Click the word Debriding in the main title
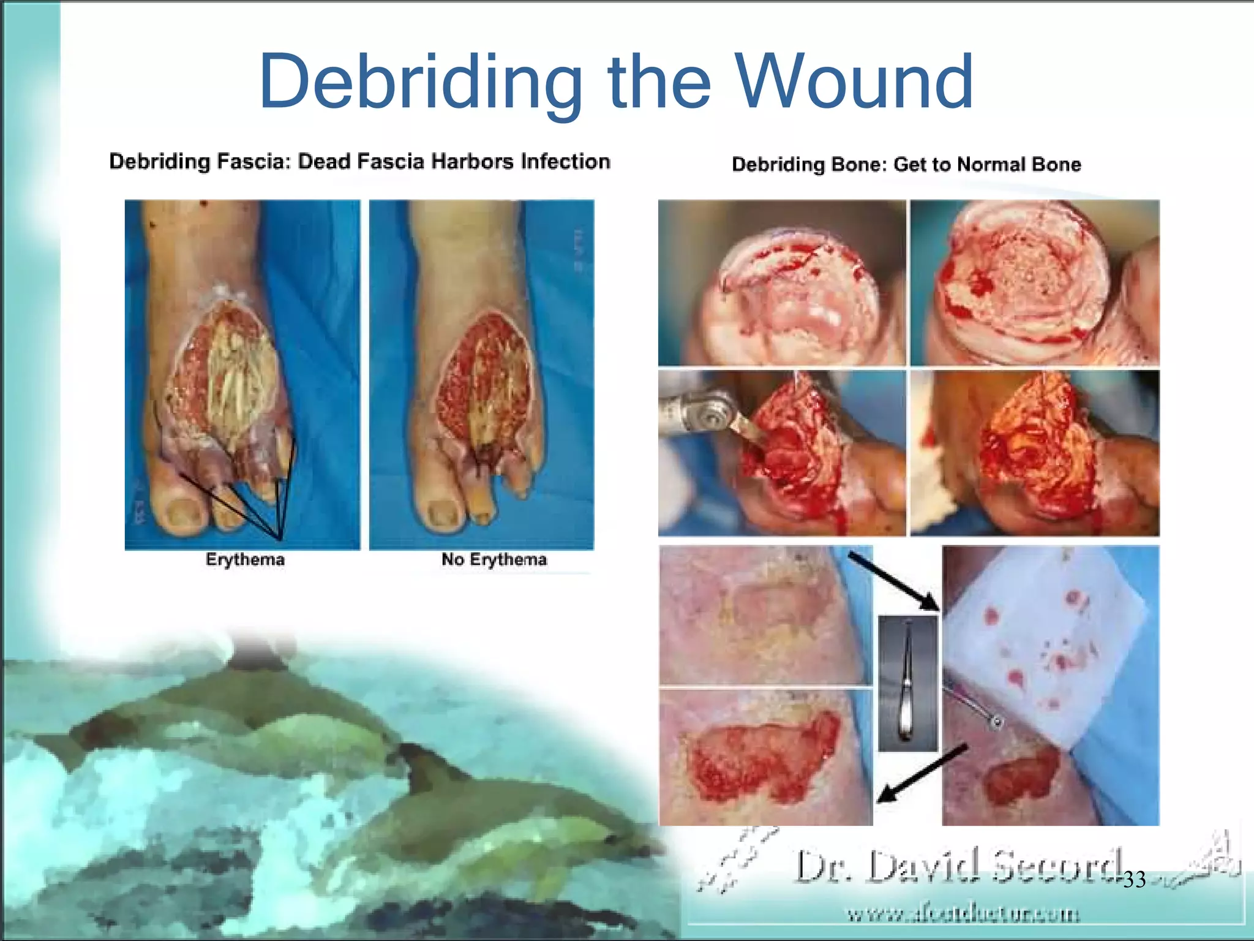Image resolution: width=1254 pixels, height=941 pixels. [x=421, y=83]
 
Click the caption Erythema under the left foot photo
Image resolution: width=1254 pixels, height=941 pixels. [x=245, y=560]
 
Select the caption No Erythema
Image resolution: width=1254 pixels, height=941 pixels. [x=494, y=560]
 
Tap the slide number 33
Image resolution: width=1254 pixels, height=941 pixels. [x=1135, y=880]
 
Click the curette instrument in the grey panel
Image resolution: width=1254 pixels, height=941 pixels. [x=907, y=683]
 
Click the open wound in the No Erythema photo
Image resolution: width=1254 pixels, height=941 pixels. [x=484, y=374]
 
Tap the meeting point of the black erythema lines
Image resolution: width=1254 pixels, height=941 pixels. [x=280, y=539]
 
